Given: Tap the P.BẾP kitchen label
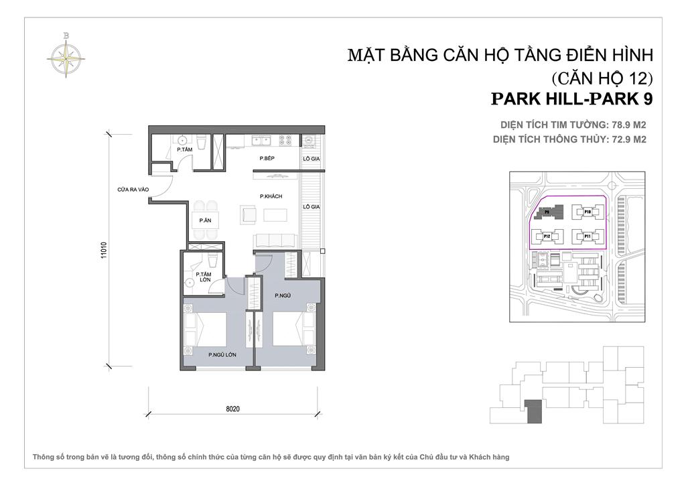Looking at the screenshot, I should click(x=269, y=159).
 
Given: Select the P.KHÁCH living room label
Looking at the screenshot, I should click(x=270, y=196).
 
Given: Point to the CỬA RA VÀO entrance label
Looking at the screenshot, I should click(x=132, y=190).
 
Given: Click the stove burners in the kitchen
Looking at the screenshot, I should click(x=285, y=141).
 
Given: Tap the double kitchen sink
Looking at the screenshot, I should click(x=260, y=141).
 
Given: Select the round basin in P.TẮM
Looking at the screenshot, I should click(x=182, y=141).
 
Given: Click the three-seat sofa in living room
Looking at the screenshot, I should click(x=273, y=240).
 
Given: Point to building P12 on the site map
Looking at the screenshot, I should click(x=547, y=236).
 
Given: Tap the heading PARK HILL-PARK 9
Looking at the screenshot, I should click(x=571, y=98).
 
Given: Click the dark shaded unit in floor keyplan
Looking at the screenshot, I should click(x=533, y=411).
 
